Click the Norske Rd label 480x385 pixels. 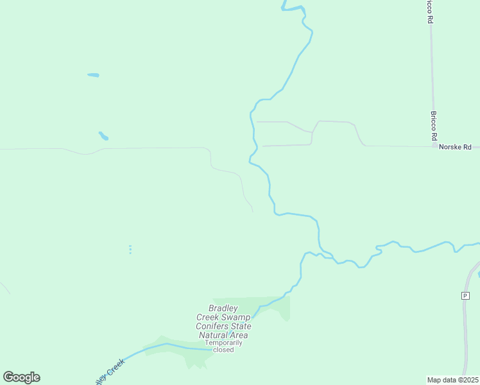[x=455, y=148]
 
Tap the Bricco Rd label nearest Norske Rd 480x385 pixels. [x=433, y=126]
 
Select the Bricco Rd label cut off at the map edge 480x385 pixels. [x=429, y=12]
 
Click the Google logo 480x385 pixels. [x=21, y=377]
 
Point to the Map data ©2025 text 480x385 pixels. [x=453, y=380]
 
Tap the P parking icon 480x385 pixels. [x=465, y=295]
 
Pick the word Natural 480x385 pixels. [x=215, y=335]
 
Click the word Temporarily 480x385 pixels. [x=223, y=343]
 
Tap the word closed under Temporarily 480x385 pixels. [x=223, y=350]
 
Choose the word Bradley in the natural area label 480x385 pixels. [x=223, y=308]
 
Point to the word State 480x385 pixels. [x=241, y=326]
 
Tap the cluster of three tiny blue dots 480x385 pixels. [x=130, y=249]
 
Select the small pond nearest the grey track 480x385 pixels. [x=103, y=136]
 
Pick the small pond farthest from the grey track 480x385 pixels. [x=93, y=75]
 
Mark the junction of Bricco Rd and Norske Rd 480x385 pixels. [x=434, y=146]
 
